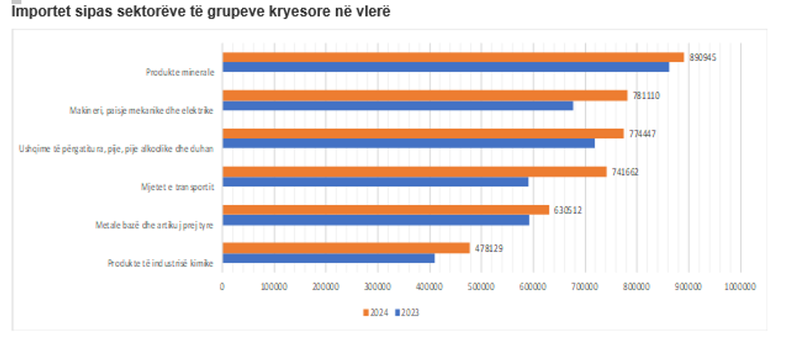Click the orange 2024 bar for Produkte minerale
[453, 57]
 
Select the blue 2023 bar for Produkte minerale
[445, 67]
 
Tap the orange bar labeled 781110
[425, 95]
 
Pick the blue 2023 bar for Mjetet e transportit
[375, 181]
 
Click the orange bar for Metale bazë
[386, 210]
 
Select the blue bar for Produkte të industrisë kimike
[328, 257]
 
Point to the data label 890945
[703, 57]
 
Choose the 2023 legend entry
[408, 312]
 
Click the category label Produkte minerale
[180, 72]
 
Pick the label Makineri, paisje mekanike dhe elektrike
[142, 110]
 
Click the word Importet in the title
[39, 12]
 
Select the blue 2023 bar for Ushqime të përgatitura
[409, 144]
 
